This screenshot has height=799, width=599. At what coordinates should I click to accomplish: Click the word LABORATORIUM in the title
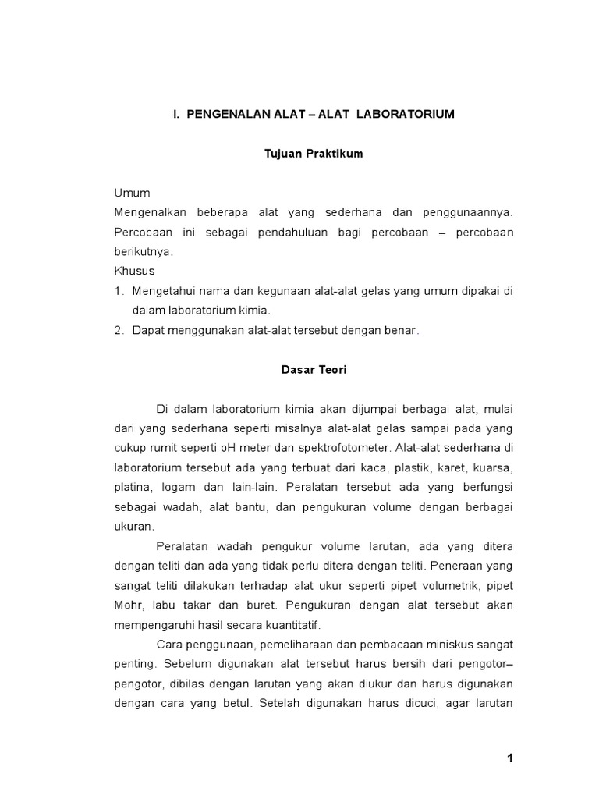[406, 114]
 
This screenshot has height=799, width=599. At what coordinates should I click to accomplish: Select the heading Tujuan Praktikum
[314, 154]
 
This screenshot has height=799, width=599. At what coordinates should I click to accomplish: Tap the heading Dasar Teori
[314, 371]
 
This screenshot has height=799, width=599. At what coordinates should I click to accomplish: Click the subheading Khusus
[134, 271]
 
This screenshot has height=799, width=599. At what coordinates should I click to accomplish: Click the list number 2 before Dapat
[119, 330]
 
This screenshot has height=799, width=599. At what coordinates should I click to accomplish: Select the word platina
[133, 488]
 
